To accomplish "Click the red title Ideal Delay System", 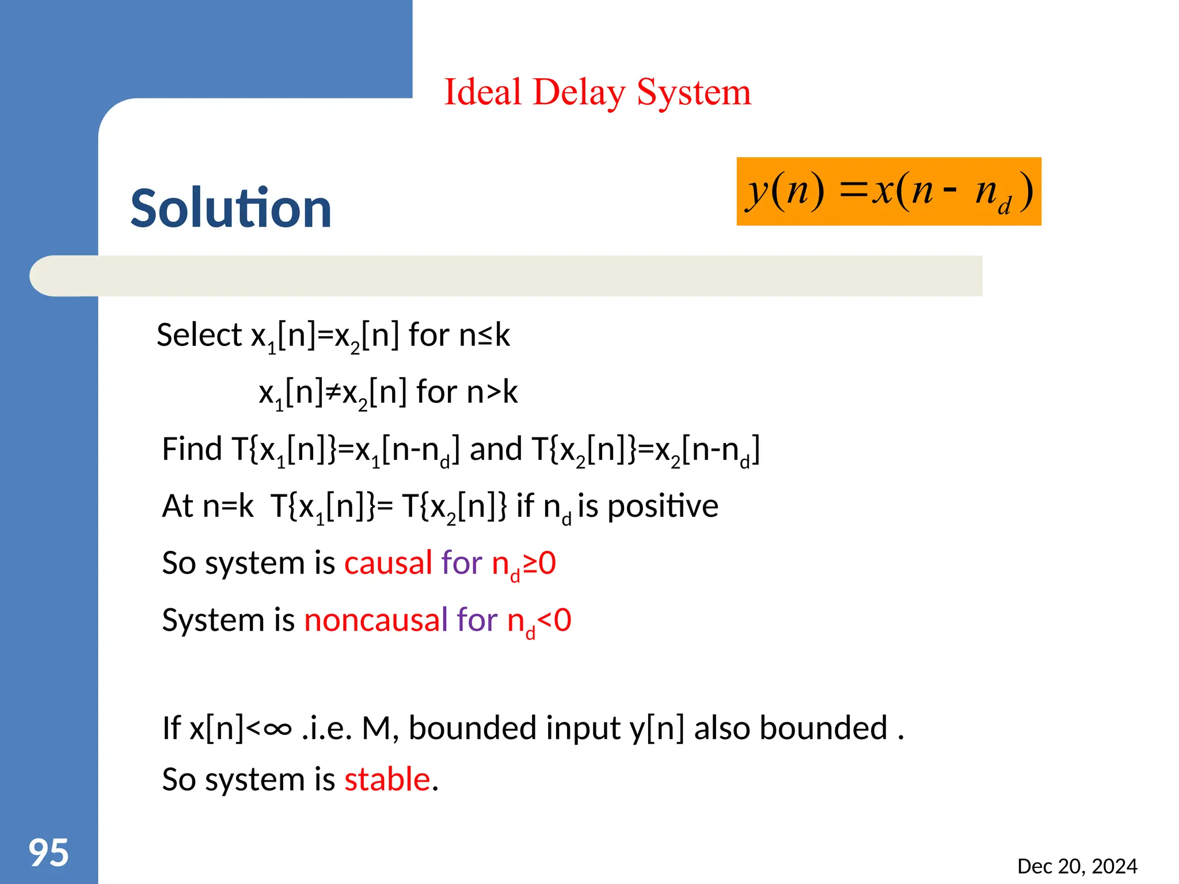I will click(x=597, y=92).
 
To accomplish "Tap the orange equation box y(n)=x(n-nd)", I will click(x=888, y=191).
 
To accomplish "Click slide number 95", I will click(x=49, y=852).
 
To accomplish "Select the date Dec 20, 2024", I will click(x=1077, y=866).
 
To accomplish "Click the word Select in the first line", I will click(x=199, y=335).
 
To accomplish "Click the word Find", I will click(x=192, y=449).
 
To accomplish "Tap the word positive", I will click(x=663, y=506).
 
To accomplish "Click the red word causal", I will click(x=388, y=563).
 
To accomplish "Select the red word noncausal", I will click(x=375, y=620).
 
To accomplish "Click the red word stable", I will click(x=387, y=779).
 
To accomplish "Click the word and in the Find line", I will click(x=496, y=449).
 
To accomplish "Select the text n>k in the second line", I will click(x=492, y=393).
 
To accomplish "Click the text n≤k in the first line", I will click(x=484, y=335).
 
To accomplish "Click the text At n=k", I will click(x=207, y=506).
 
